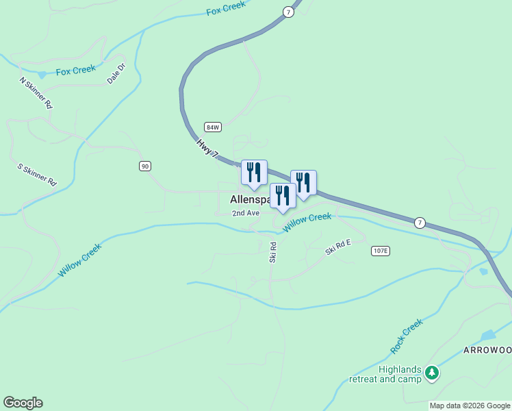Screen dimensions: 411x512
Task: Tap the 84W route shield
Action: point(213,127)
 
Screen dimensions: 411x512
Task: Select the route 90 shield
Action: point(144,166)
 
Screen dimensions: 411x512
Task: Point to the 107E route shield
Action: point(380,251)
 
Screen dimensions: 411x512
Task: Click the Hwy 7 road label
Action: point(206,149)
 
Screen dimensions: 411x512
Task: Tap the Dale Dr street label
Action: point(116,74)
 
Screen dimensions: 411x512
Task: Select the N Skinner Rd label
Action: point(36,93)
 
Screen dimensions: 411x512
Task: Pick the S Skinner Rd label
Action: point(36,175)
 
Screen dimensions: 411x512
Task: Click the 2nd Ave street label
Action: point(246,213)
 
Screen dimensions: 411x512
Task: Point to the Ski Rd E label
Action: point(338,247)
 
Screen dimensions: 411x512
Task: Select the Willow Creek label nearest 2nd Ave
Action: point(307,222)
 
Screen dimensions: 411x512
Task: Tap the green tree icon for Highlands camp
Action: point(431,373)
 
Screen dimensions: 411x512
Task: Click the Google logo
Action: point(23,403)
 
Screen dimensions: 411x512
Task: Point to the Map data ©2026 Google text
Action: point(470,406)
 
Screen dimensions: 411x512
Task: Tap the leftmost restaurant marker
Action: point(254,173)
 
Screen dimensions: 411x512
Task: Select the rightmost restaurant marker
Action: point(303,183)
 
